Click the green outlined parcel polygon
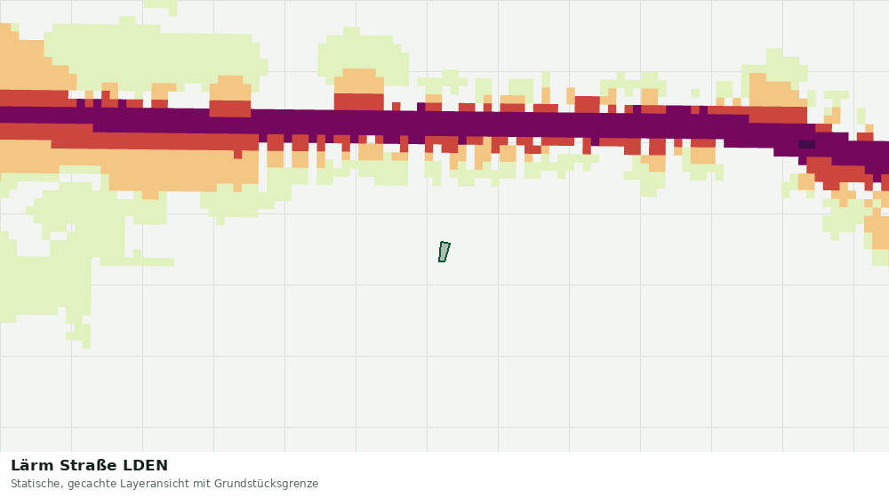pyautogui.click(x=444, y=252)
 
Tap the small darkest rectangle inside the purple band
pyautogui.click(x=807, y=145)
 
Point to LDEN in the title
pyautogui.click(x=146, y=466)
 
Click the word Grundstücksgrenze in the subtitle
pyautogui.click(x=267, y=485)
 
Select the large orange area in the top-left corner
pyautogui.click(x=28, y=62)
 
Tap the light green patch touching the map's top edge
pyautogui.click(x=161, y=6)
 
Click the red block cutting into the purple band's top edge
pyautogui.click(x=230, y=108)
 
